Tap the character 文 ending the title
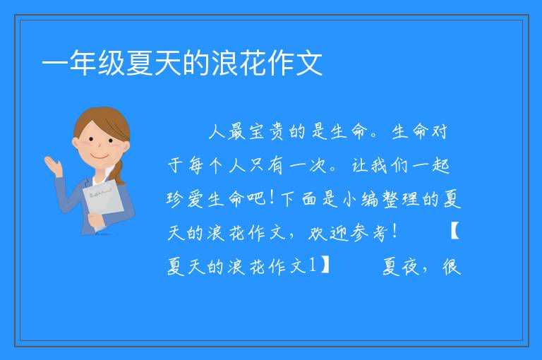(x=309, y=63)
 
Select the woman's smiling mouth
(x=100, y=157)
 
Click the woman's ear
(x=75, y=142)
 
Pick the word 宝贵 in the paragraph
(x=266, y=131)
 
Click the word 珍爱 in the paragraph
(x=185, y=199)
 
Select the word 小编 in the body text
(x=361, y=199)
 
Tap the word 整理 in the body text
(x=401, y=199)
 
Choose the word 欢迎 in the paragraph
(x=327, y=233)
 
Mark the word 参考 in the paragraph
(x=368, y=233)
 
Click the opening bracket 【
(x=455, y=232)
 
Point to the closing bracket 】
(x=325, y=265)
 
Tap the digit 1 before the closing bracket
(x=312, y=265)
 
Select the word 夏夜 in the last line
(x=401, y=267)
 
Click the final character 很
(x=452, y=267)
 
